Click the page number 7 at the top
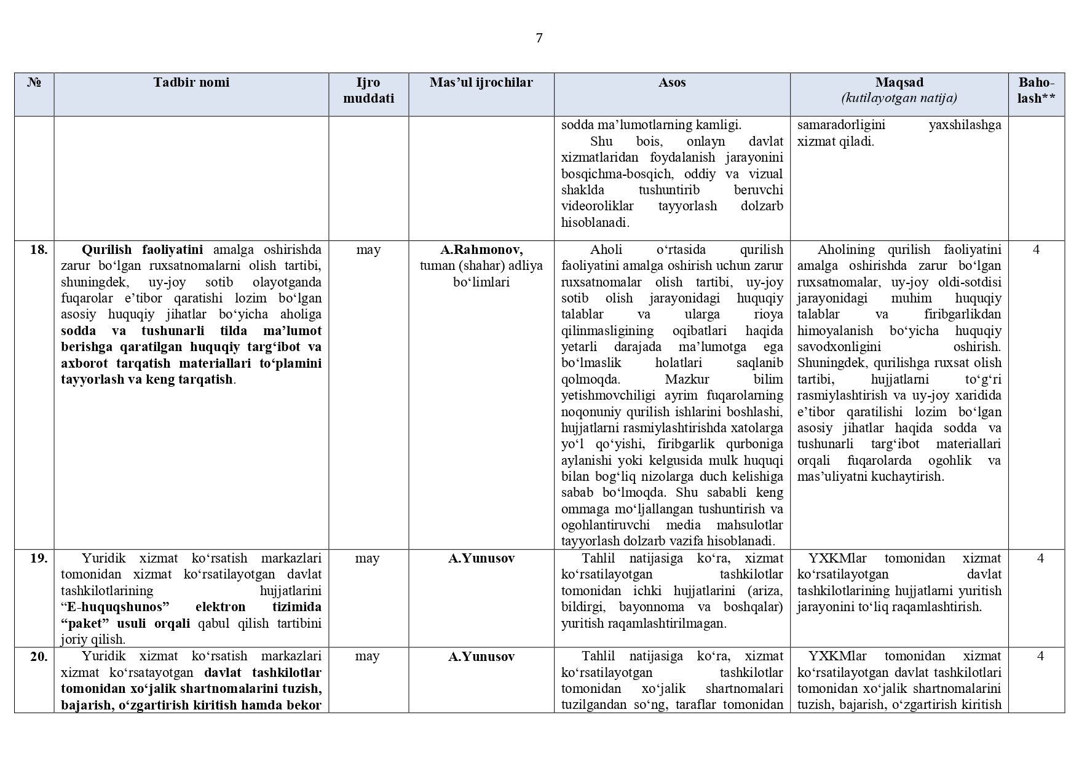(x=539, y=38)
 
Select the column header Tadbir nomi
(x=191, y=82)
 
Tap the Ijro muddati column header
(x=368, y=90)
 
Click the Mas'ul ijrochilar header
(x=481, y=82)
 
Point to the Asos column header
(x=671, y=82)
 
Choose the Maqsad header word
(x=899, y=82)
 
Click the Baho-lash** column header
(x=1036, y=90)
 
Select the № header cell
(x=34, y=82)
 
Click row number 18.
(x=38, y=250)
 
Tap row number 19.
(x=38, y=558)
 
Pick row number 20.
(x=38, y=657)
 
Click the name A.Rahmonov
(x=481, y=250)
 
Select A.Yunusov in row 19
(x=481, y=558)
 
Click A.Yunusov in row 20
(x=481, y=657)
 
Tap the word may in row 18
(x=368, y=250)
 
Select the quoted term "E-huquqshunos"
(x=115, y=607)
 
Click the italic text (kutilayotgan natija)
(x=899, y=98)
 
